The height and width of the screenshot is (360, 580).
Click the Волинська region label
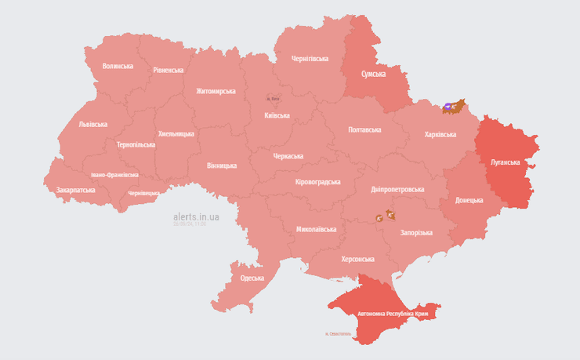[x=118, y=67]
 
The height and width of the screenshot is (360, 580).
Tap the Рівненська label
[x=169, y=70]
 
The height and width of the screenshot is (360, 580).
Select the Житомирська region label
[x=216, y=91]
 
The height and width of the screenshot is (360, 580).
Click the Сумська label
[x=373, y=74]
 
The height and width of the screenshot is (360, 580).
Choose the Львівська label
[x=93, y=125]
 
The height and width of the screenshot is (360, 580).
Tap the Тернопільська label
[x=136, y=145]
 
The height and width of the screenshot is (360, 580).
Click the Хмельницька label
[x=176, y=134]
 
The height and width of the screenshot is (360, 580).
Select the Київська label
[x=277, y=115]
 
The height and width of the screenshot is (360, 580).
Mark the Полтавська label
[x=364, y=129]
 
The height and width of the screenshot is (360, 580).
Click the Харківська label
[x=440, y=135]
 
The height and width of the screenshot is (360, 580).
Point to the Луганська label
[x=506, y=162]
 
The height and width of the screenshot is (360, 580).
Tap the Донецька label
[x=469, y=200]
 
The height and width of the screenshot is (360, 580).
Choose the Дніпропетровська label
[x=397, y=189]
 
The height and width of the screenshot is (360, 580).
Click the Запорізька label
[x=416, y=233]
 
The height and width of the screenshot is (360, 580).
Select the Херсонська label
[x=357, y=259]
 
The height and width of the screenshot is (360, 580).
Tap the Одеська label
[x=252, y=278]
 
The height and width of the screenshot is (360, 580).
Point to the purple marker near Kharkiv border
[x=448, y=105]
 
